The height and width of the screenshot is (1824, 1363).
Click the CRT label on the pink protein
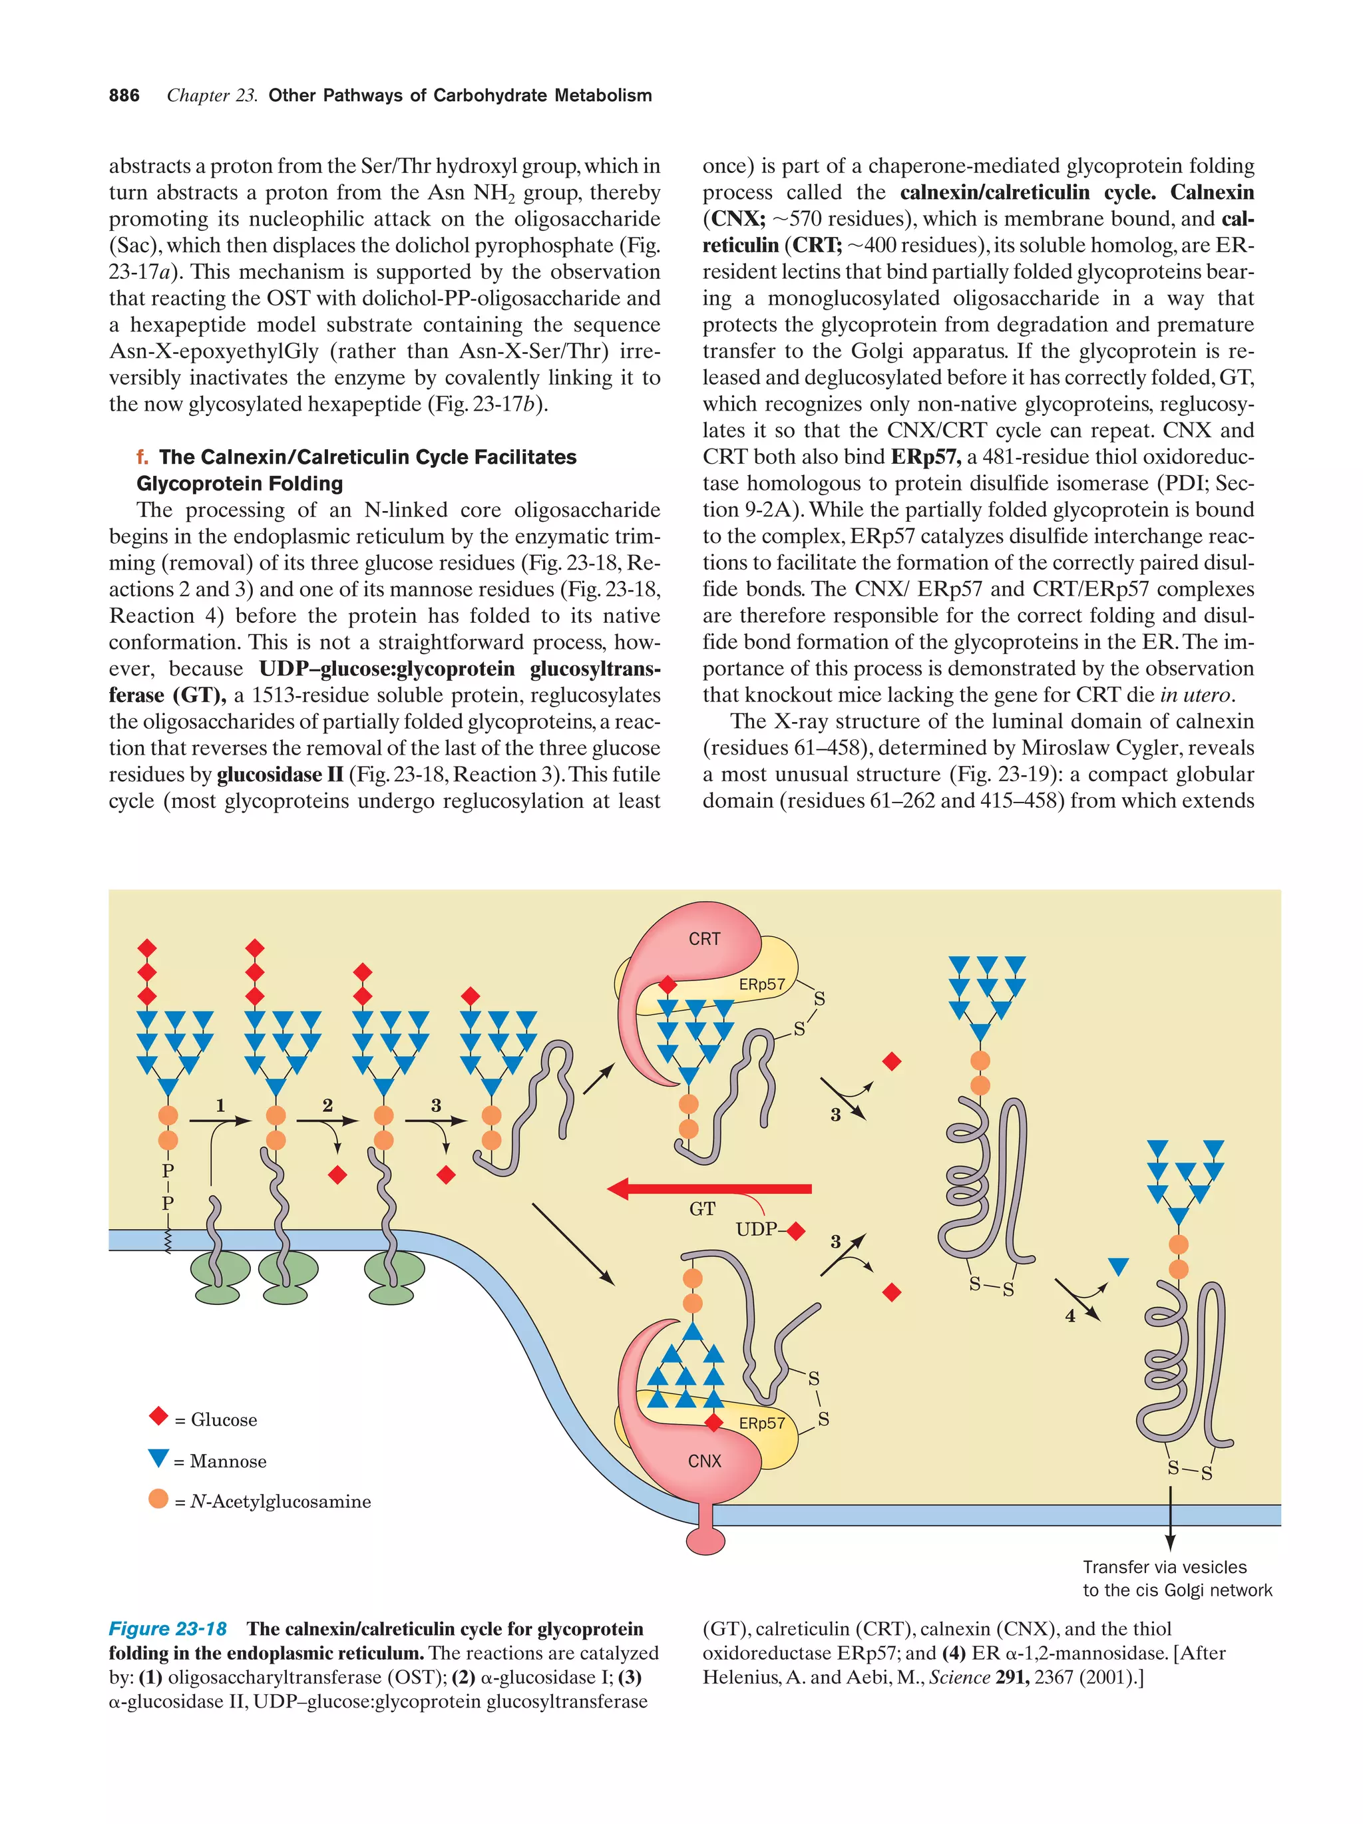click(x=704, y=938)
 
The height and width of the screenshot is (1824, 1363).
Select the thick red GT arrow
click(x=709, y=1189)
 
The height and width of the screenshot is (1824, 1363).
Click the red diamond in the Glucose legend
click(x=158, y=1417)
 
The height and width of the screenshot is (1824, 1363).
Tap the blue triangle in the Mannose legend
click(x=158, y=1457)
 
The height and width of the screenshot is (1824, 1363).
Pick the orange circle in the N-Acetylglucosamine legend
click(x=158, y=1499)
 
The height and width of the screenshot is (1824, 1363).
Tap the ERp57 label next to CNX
click(x=762, y=1423)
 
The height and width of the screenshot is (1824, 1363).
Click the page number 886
click(x=124, y=96)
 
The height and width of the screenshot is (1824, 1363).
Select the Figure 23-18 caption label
click(x=168, y=1628)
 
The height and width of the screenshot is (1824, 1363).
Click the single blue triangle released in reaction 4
click(x=1118, y=1266)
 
